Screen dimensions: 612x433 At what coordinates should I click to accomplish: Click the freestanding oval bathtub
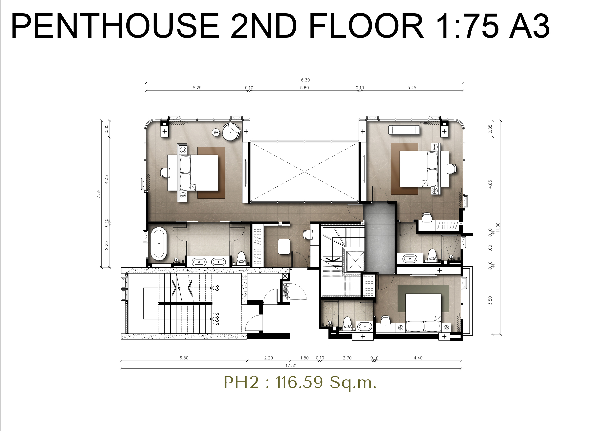click(x=159, y=244)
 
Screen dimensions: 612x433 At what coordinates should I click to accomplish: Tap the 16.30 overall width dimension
click(x=305, y=80)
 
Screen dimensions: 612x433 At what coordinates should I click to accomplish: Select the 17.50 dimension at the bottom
click(x=291, y=366)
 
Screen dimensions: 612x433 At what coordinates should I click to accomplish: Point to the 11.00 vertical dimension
click(x=498, y=227)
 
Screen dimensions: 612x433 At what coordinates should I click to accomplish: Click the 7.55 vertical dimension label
click(x=99, y=194)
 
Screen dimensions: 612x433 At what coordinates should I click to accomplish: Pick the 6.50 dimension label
click(x=184, y=358)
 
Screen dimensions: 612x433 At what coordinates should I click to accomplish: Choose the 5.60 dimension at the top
click(x=305, y=88)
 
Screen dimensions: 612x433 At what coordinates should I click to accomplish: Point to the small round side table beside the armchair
click(x=216, y=132)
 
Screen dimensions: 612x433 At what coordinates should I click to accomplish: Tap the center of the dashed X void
click(x=305, y=172)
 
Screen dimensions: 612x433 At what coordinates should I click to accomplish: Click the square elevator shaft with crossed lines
click(x=355, y=262)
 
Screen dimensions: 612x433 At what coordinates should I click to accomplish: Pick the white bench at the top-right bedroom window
click(x=404, y=130)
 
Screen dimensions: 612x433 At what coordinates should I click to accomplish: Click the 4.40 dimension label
click(x=418, y=358)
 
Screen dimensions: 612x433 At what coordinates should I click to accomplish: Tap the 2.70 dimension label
click(x=347, y=358)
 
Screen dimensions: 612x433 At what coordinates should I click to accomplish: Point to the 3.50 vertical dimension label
click(x=490, y=300)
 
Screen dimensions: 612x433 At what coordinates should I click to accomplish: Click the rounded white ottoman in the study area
click(x=284, y=246)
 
